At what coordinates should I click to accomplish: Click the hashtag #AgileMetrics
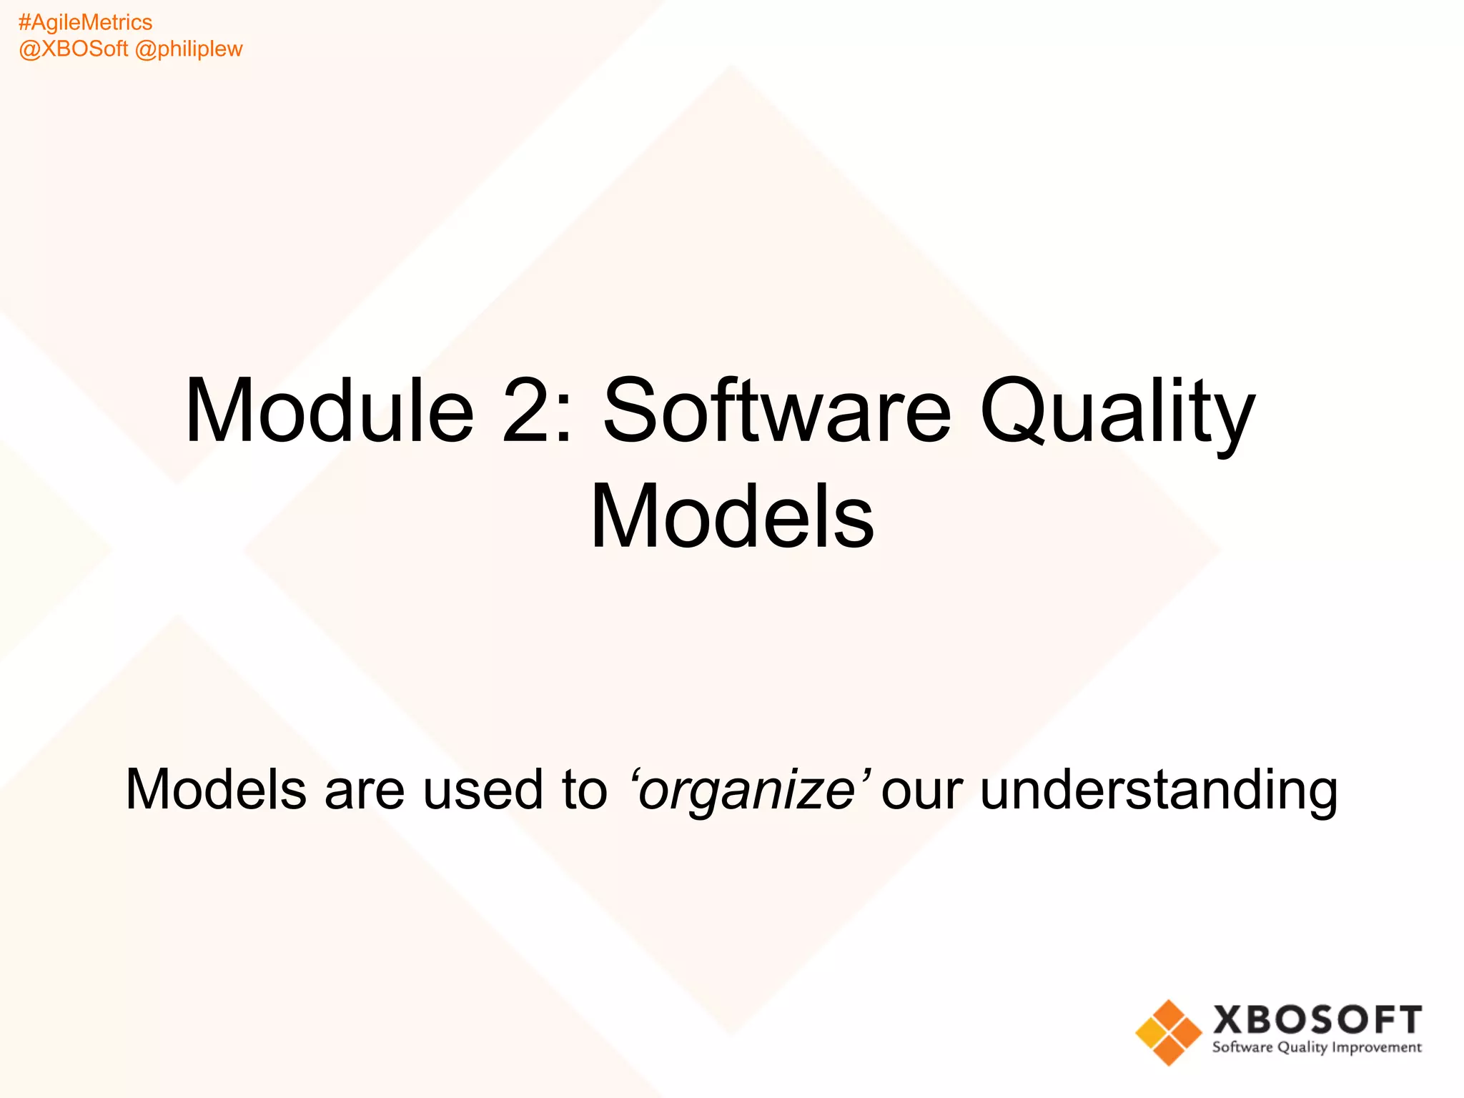pyautogui.click(x=85, y=23)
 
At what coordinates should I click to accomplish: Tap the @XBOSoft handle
pyautogui.click(x=73, y=49)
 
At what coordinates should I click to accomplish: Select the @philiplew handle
pyautogui.click(x=189, y=49)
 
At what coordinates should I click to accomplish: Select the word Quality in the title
pyautogui.click(x=1117, y=413)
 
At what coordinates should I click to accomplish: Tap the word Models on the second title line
pyautogui.click(x=732, y=516)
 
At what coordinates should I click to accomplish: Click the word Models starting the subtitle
pyautogui.click(x=216, y=789)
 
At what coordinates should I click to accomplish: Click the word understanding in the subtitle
pyautogui.click(x=1158, y=791)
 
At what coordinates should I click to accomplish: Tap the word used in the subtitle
pyautogui.click(x=483, y=789)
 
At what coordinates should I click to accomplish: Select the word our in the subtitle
pyautogui.click(x=921, y=791)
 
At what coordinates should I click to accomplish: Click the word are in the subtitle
pyautogui.click(x=365, y=791)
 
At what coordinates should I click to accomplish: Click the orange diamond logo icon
pyautogui.click(x=1169, y=1032)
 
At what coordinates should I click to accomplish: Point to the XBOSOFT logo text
pyautogui.click(x=1317, y=1019)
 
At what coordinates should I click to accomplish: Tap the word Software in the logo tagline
pyautogui.click(x=1242, y=1047)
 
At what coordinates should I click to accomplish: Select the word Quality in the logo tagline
pyautogui.click(x=1302, y=1048)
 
